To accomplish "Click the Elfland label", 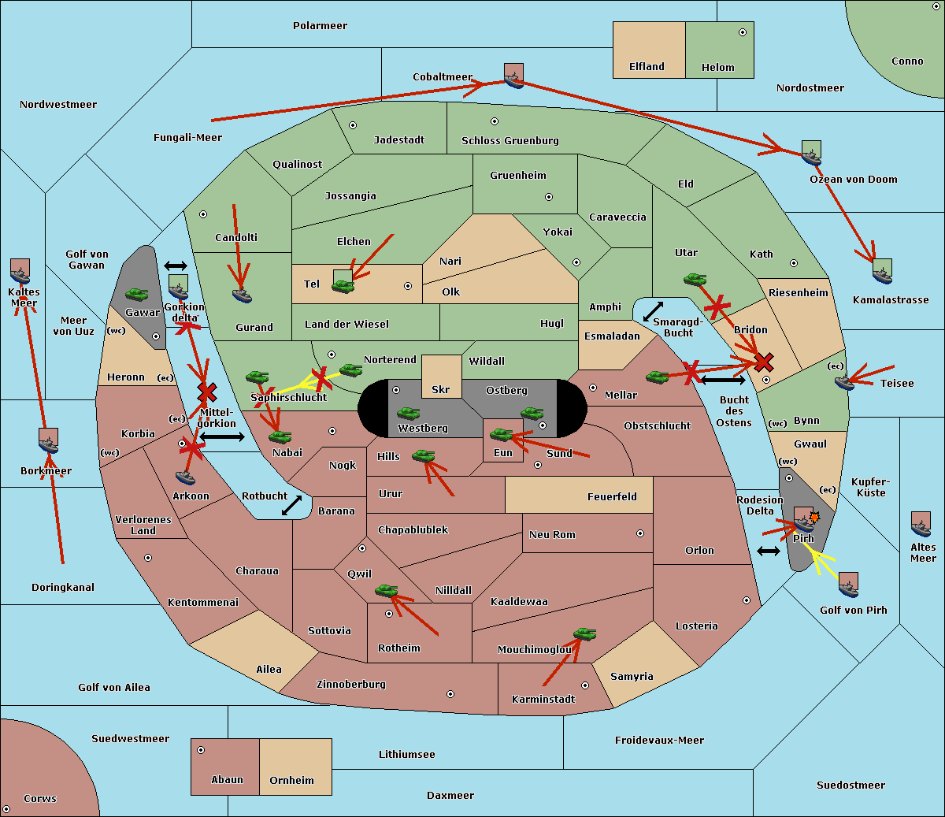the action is tap(647, 67).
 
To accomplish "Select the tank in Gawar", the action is tap(137, 294).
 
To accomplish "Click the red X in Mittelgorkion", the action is tap(206, 392).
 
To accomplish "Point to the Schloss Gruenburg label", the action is tap(510, 140).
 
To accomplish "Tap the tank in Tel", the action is tap(343, 286).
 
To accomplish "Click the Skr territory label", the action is tap(441, 389).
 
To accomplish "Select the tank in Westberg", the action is tap(408, 413).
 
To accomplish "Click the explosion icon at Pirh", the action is tap(814, 518).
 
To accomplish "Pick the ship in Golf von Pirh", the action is tap(849, 589).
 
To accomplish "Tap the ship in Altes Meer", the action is tap(921, 529).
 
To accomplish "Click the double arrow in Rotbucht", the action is tap(291, 506).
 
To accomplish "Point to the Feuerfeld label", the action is tap(612, 497).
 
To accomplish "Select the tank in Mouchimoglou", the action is tap(585, 634).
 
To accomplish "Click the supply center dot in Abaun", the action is tap(201, 750).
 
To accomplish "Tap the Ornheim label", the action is tap(291, 781).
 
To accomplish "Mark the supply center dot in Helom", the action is tap(743, 32).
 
